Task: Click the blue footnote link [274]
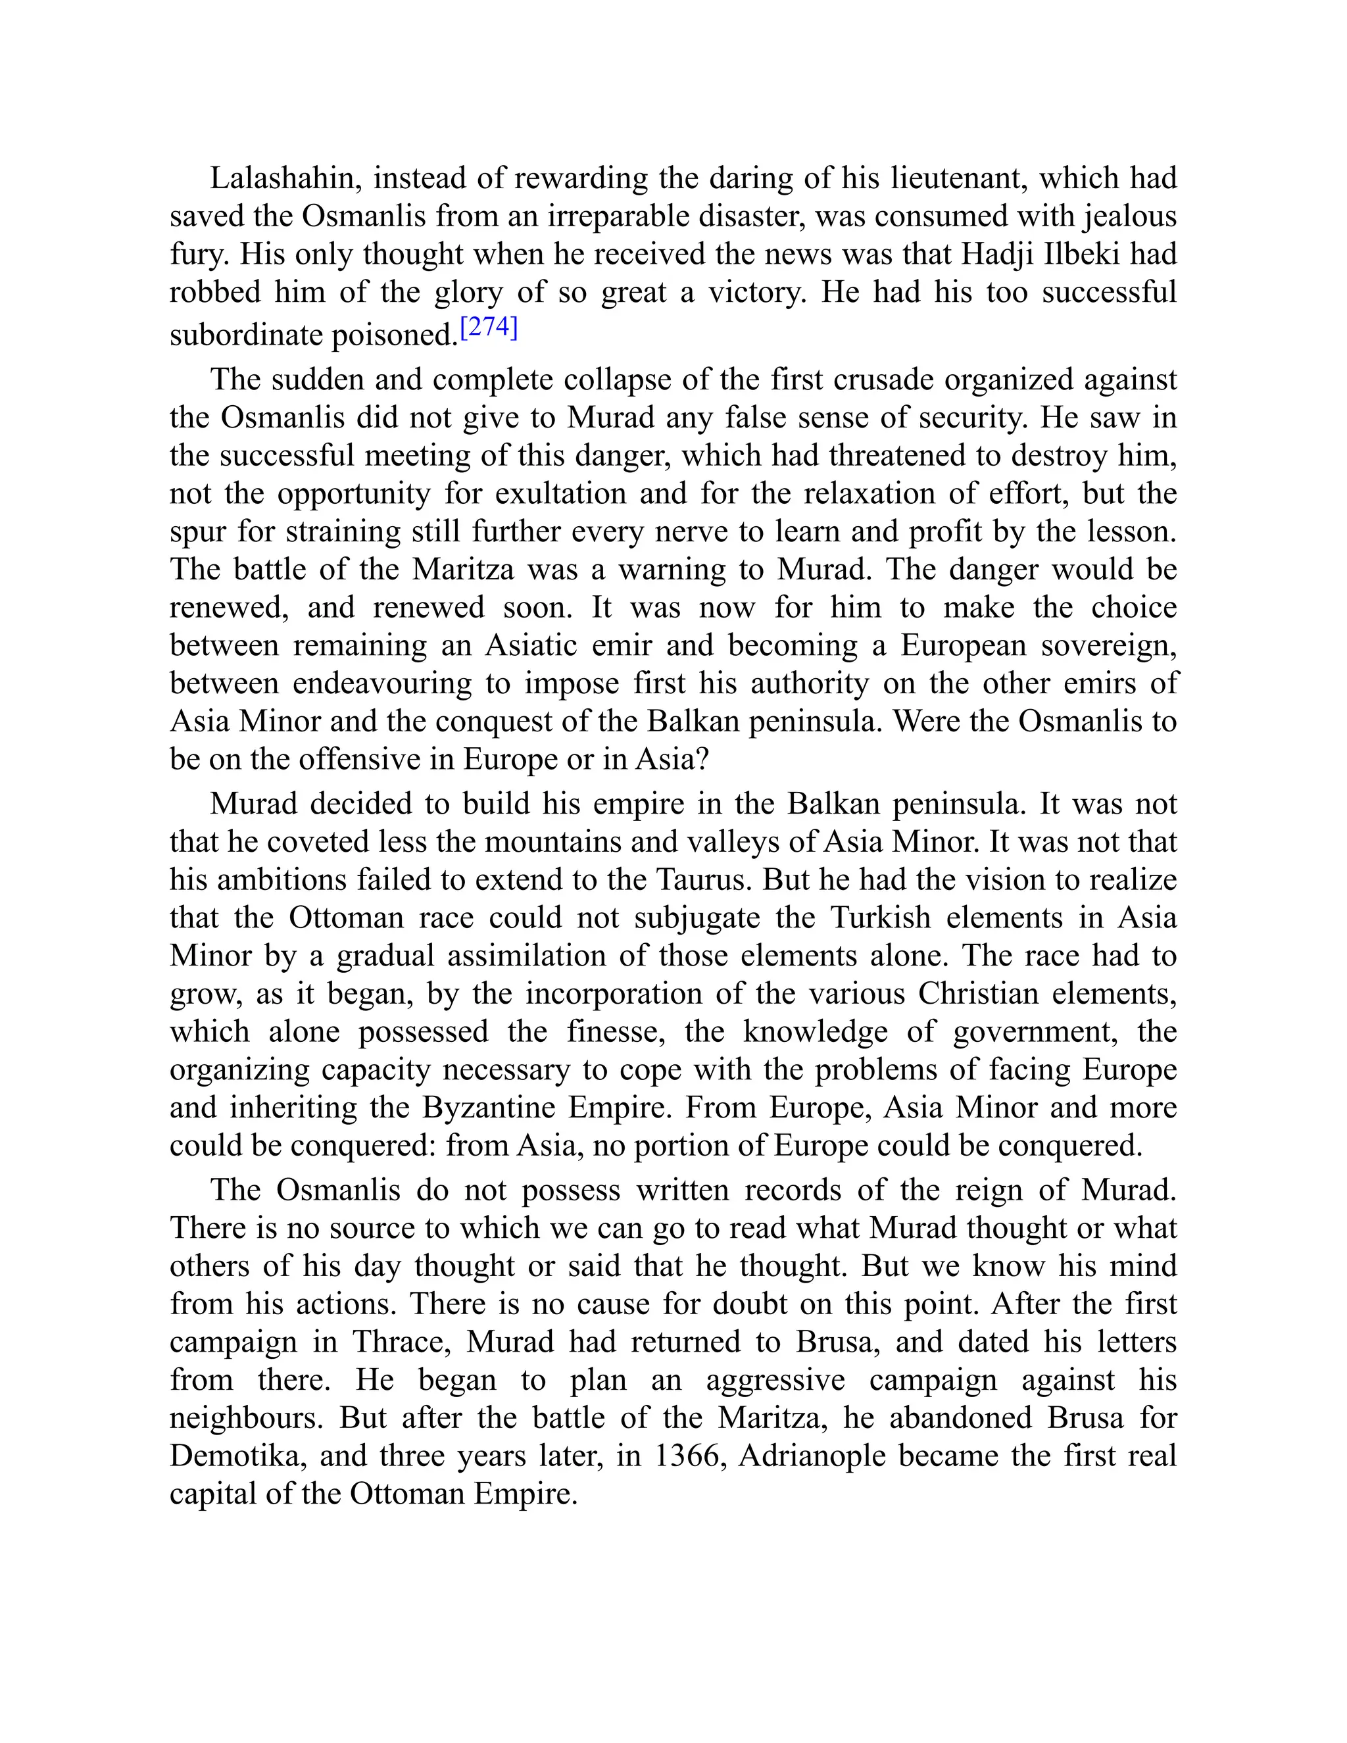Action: pyautogui.click(x=489, y=328)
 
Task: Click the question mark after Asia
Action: pyautogui.click(x=702, y=759)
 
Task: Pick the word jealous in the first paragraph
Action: pyautogui.click(x=1129, y=216)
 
